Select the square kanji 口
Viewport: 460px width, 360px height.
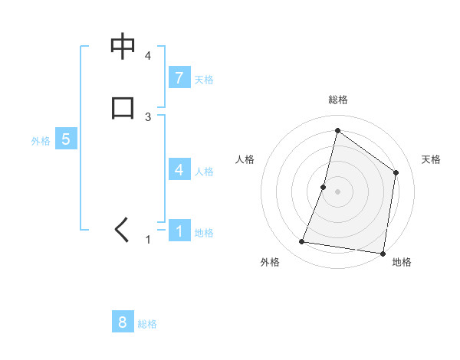tap(123, 107)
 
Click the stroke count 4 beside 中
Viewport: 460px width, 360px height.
tap(148, 56)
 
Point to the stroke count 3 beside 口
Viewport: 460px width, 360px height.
tap(148, 116)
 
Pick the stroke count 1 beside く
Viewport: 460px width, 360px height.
tap(148, 240)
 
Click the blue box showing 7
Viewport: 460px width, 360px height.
tap(179, 78)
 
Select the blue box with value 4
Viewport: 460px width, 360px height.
tap(179, 170)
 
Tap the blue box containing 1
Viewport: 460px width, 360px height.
tap(179, 231)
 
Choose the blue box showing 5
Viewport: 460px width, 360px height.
tap(66, 139)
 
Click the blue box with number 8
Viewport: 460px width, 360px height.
tap(123, 322)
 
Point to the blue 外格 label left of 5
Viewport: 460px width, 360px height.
tap(41, 141)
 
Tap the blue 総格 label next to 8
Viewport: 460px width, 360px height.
tap(147, 324)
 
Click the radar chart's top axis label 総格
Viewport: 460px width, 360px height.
tap(337, 100)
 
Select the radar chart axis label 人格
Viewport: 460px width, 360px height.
tap(245, 159)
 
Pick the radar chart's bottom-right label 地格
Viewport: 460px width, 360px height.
tap(402, 263)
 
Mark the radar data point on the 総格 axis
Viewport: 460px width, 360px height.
tap(337, 130)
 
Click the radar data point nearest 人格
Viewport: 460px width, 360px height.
tap(324, 186)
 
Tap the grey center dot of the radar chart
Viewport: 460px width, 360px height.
tap(337, 191)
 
